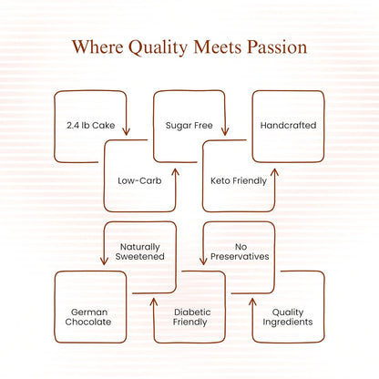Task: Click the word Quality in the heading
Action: point(159,48)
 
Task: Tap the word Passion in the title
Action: point(277,47)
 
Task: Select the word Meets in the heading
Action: point(218,47)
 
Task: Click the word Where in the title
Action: point(97,47)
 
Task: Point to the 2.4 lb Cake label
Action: point(91,125)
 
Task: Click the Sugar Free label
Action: point(189,126)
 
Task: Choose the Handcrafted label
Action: point(288,125)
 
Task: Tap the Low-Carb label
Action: point(139,180)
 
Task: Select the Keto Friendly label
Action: point(239,181)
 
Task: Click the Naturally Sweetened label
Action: point(140,251)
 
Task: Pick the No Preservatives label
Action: point(240,251)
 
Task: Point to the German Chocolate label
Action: point(88,317)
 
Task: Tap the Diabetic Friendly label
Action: point(190,317)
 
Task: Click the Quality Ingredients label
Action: point(288,317)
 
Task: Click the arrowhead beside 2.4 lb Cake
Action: point(126,131)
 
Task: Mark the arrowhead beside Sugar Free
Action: point(225,131)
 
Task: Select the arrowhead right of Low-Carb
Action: point(176,172)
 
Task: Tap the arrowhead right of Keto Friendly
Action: point(274,172)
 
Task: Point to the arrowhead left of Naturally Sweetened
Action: point(104,261)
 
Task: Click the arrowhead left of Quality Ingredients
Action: point(252,302)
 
